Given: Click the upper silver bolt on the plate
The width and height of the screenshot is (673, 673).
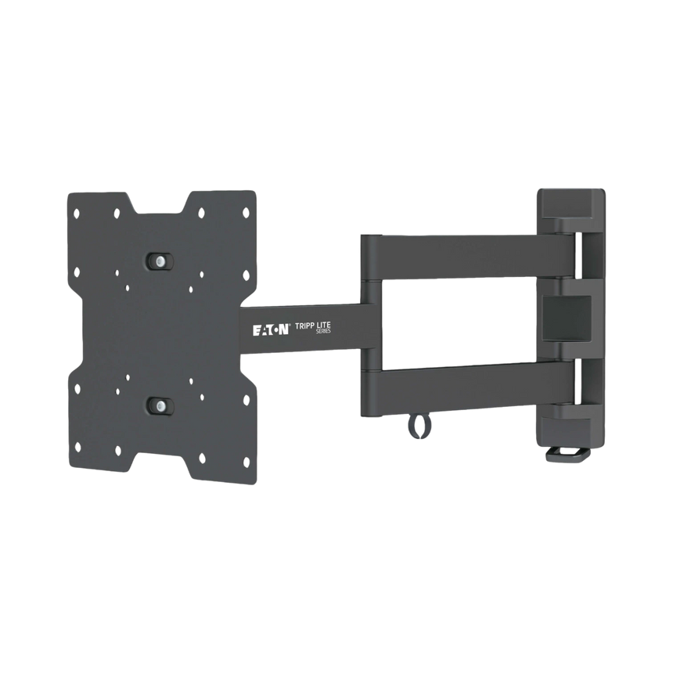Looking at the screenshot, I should tap(160, 259).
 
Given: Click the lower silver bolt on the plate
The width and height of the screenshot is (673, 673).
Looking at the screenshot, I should tap(160, 405).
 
